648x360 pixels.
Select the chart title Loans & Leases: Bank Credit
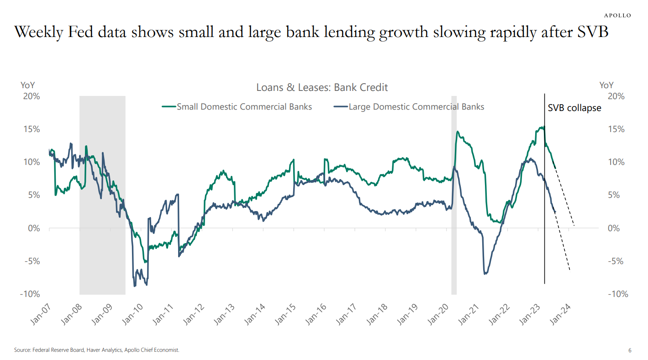point(322,87)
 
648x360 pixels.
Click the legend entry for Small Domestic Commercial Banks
point(244,106)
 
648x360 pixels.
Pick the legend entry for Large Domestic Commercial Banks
point(416,106)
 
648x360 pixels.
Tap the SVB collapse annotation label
point(574,108)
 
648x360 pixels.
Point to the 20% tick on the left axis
point(30,96)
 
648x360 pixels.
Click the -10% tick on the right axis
point(618,294)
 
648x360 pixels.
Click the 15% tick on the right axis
point(616,129)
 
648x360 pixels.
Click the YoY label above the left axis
point(28,85)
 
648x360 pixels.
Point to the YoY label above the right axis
point(606,85)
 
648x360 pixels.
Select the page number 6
point(630,350)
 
